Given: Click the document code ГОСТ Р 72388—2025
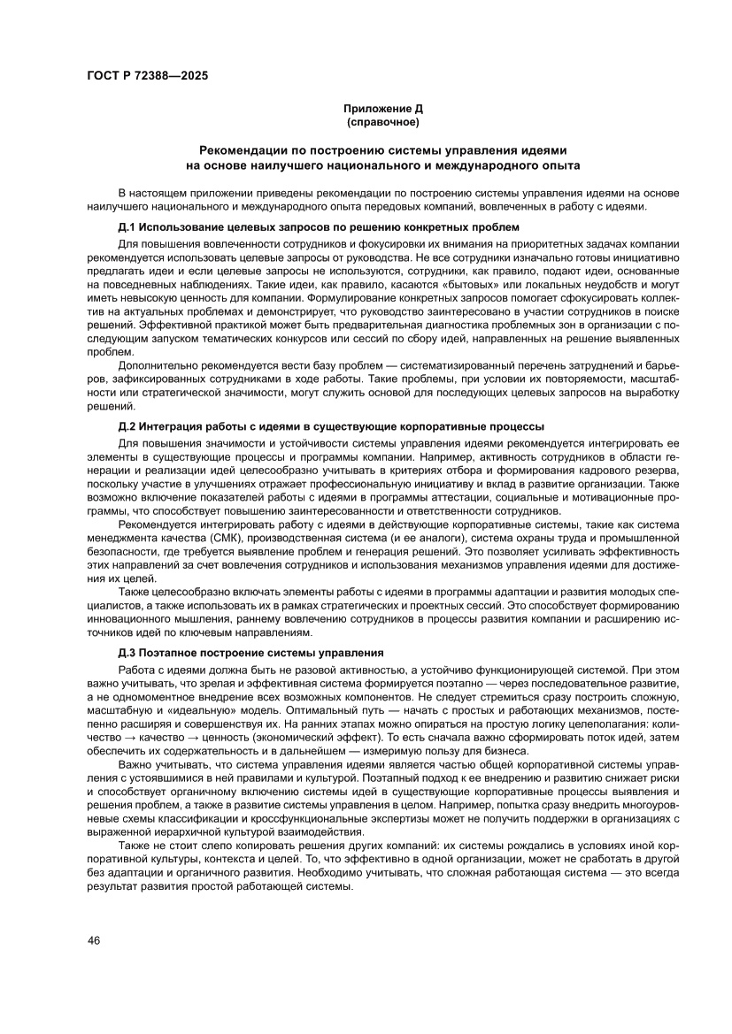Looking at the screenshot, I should coord(148,76).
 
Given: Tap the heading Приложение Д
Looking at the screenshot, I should coord(382,108).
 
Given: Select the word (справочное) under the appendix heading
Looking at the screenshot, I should coord(382,120).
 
